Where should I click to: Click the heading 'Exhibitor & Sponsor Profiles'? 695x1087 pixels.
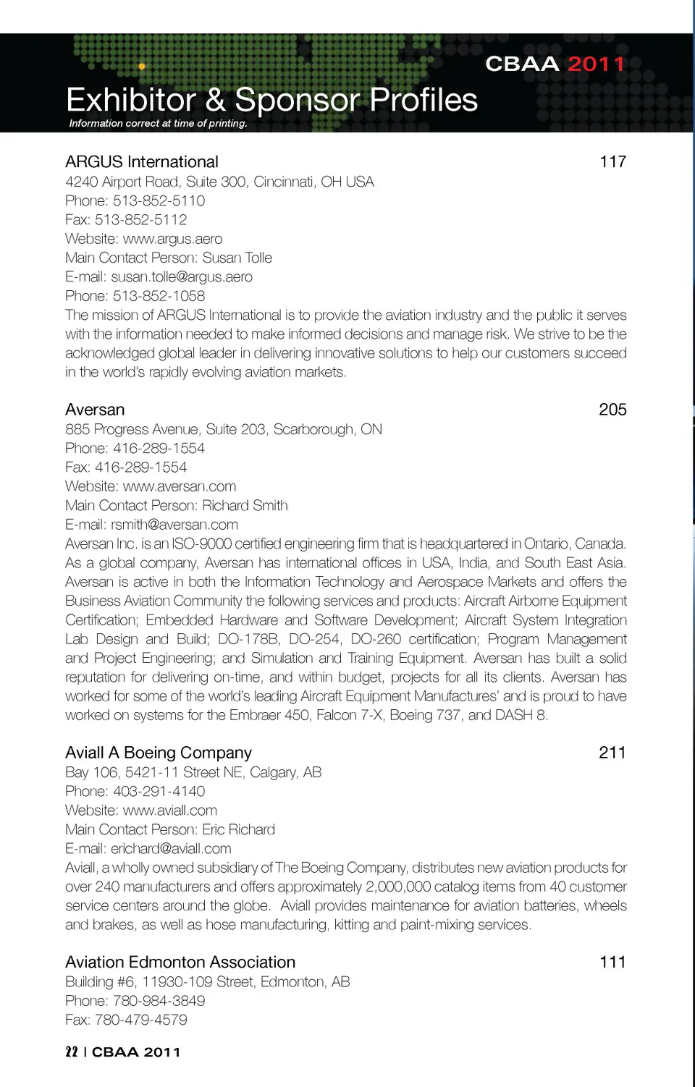(271, 100)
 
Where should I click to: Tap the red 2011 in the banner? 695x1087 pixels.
(596, 64)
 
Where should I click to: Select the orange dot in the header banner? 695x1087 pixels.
(142, 67)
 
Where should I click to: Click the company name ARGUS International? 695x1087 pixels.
(142, 162)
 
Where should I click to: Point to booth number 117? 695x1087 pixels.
(612, 162)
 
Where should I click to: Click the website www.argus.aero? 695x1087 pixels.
(172, 239)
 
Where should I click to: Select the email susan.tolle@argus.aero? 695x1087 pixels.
(182, 277)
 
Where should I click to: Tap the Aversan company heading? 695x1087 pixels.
(95, 410)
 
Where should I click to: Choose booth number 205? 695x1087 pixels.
(612, 410)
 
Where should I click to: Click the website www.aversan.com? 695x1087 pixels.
(180, 486)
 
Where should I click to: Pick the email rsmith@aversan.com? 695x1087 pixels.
(174, 525)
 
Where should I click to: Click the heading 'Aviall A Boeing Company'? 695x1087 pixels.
(159, 753)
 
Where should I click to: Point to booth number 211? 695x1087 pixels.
(612, 753)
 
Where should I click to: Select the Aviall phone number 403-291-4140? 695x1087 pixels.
(159, 792)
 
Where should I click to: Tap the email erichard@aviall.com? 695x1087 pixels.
(171, 849)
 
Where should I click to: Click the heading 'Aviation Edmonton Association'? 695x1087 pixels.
(180, 963)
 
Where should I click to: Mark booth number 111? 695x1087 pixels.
(612, 963)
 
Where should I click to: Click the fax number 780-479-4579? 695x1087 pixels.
(141, 1020)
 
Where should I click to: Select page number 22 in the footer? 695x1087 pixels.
(72, 1052)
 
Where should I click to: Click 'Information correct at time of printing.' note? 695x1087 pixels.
(158, 124)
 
